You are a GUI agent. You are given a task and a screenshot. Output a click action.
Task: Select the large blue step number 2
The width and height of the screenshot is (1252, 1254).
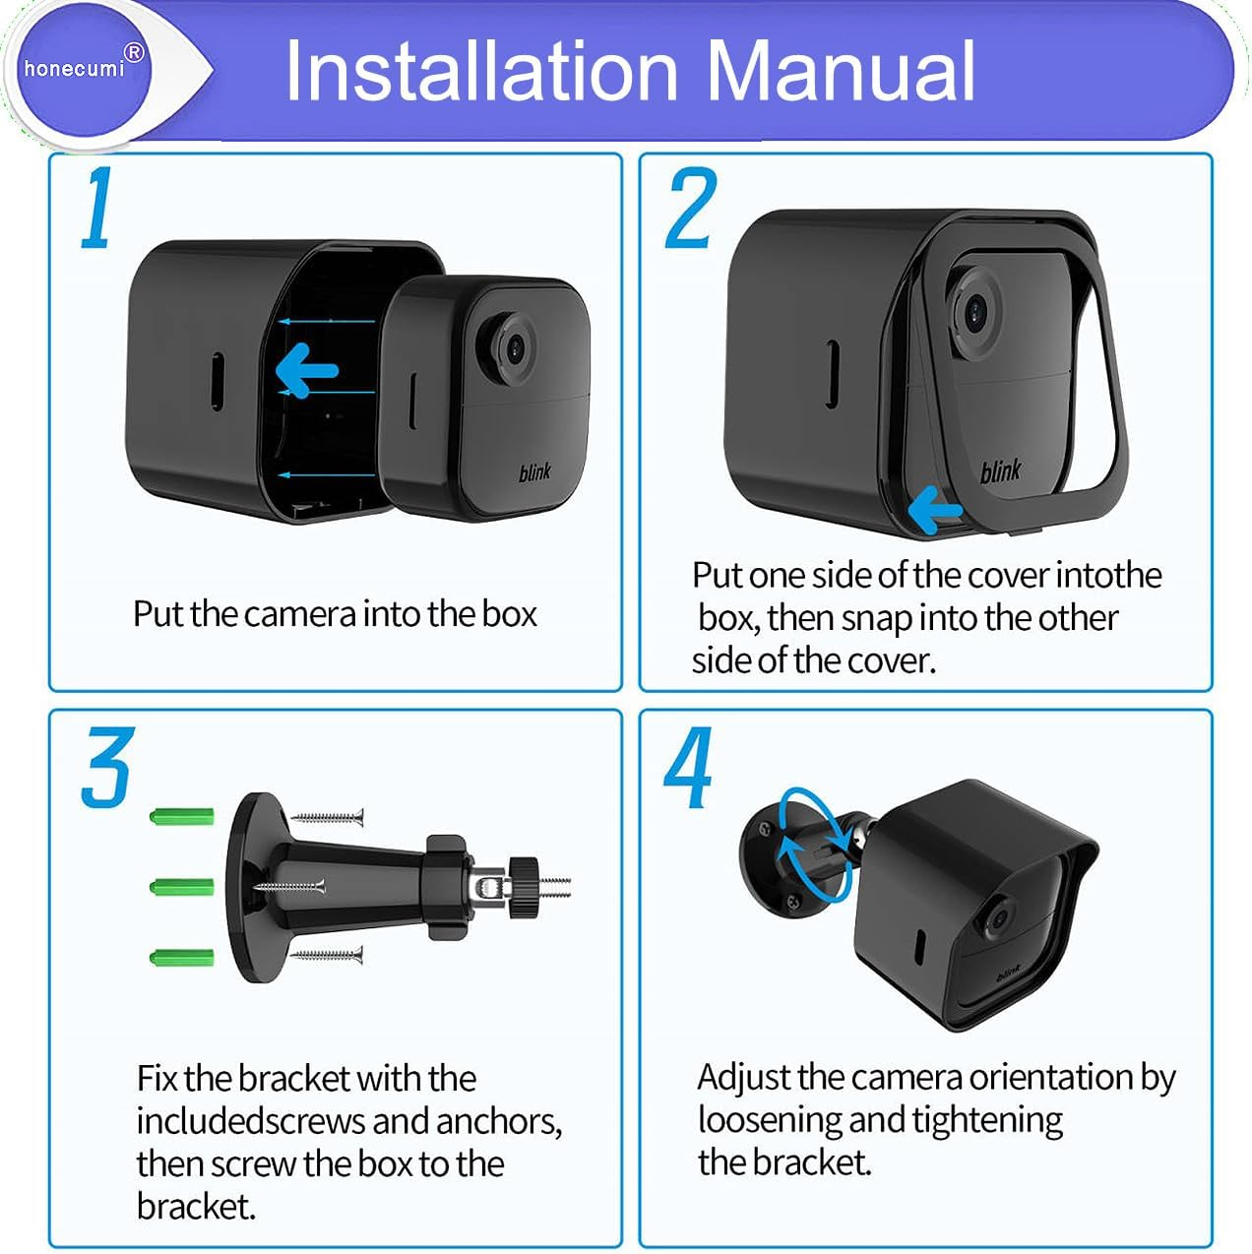[x=690, y=210]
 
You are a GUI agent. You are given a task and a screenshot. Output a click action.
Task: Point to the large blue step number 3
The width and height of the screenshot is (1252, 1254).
[x=106, y=768]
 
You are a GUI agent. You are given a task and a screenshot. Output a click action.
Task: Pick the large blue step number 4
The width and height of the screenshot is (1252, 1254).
[x=688, y=768]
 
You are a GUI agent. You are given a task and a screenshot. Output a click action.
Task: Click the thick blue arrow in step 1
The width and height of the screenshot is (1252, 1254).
[x=306, y=371]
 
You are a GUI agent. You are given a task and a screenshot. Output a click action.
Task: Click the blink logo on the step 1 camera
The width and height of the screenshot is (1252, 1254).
[x=534, y=472]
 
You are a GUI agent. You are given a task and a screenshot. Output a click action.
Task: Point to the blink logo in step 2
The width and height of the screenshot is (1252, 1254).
[x=1000, y=471]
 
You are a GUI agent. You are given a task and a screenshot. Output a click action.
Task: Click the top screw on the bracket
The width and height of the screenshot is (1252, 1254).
[x=328, y=817]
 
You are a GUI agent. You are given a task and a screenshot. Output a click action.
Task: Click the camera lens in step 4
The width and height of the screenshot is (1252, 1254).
[x=997, y=917]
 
